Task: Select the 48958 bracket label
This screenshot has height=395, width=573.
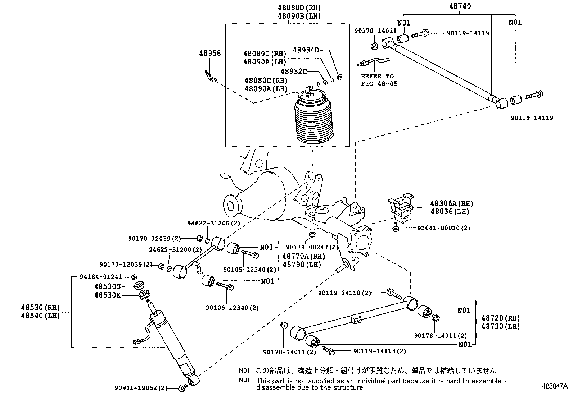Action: (210, 53)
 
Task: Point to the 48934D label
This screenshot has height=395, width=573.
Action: (306, 50)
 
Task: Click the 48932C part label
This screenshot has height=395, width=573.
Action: (293, 72)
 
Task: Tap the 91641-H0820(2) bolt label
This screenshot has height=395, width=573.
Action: (443, 228)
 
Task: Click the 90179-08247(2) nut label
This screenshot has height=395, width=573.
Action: (312, 247)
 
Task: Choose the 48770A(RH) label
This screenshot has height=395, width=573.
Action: (303, 256)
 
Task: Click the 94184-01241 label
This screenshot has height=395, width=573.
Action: (101, 277)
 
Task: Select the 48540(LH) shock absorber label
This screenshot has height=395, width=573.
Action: (40, 316)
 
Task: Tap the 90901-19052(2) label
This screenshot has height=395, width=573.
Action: (141, 388)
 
